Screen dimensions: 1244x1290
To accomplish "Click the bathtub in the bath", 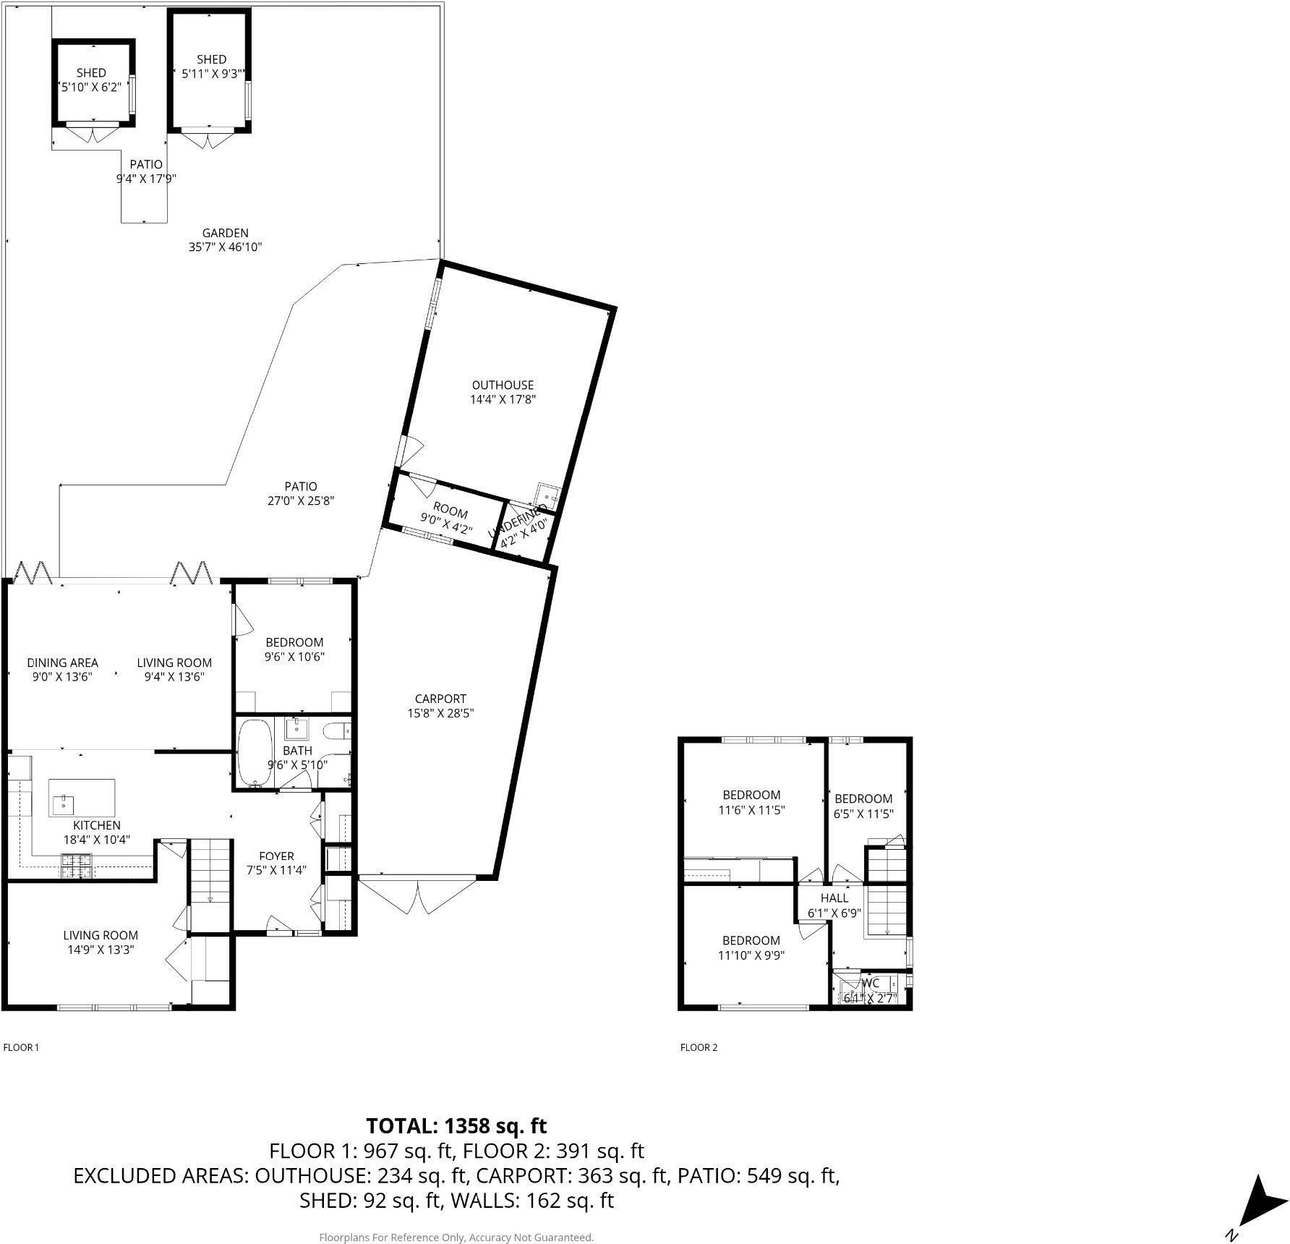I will [255, 752].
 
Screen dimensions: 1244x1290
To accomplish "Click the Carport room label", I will [440, 699].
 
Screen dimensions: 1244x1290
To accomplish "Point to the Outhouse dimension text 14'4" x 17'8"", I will [503, 399].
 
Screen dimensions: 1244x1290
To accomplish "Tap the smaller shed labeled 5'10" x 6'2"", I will [92, 81].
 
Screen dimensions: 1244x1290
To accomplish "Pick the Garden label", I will [225, 233].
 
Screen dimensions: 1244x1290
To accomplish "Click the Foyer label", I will [276, 856].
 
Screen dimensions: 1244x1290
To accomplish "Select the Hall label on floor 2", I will [834, 898].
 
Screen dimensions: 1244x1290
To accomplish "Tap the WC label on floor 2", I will [871, 984].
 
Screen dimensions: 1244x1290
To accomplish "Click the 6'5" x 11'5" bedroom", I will [863, 806].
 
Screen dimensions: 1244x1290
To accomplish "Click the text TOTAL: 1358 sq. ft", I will [456, 1126].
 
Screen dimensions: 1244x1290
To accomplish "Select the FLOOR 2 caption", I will [699, 1047].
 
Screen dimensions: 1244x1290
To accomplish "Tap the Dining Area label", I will [62, 663].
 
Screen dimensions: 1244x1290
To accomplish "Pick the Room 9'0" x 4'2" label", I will [450, 513].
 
